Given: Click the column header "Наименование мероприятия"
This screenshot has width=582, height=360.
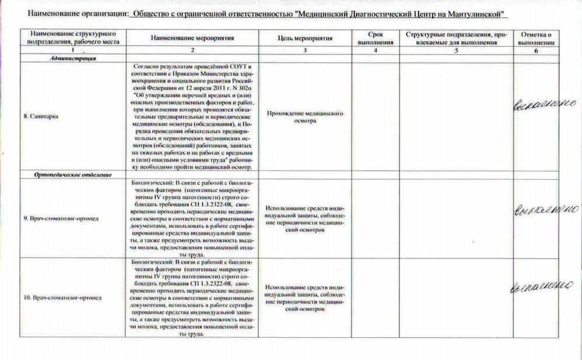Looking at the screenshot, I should pos(192,38).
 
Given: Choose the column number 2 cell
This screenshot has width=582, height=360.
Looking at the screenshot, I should pos(192,51).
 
